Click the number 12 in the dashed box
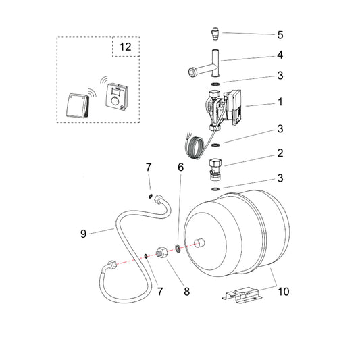126,47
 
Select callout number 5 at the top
261,34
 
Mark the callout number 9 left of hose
84,234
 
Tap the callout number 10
284,292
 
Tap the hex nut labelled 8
163,254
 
